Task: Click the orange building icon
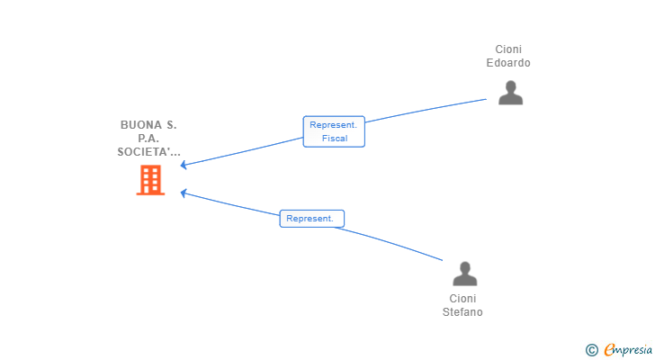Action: click(150, 180)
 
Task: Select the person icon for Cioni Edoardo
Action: click(510, 93)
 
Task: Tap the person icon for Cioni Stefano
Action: click(464, 274)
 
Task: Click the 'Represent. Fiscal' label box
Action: click(334, 131)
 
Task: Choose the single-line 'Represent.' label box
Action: click(311, 219)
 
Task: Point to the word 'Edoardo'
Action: click(508, 63)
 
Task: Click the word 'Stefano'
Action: click(462, 312)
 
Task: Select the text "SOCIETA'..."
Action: click(149, 151)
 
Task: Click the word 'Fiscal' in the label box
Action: click(335, 139)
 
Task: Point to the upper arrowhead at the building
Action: click(183, 166)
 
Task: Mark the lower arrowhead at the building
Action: click(183, 193)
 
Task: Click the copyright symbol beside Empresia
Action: click(591, 350)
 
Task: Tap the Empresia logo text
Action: click(628, 349)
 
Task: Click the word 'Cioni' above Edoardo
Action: click(508, 49)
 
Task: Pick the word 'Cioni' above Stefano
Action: click(462, 299)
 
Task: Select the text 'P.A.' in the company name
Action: click(148, 139)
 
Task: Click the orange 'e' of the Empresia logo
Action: click(609, 349)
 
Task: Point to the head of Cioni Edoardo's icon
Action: click(510, 86)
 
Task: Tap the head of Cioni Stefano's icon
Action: click(464, 267)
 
